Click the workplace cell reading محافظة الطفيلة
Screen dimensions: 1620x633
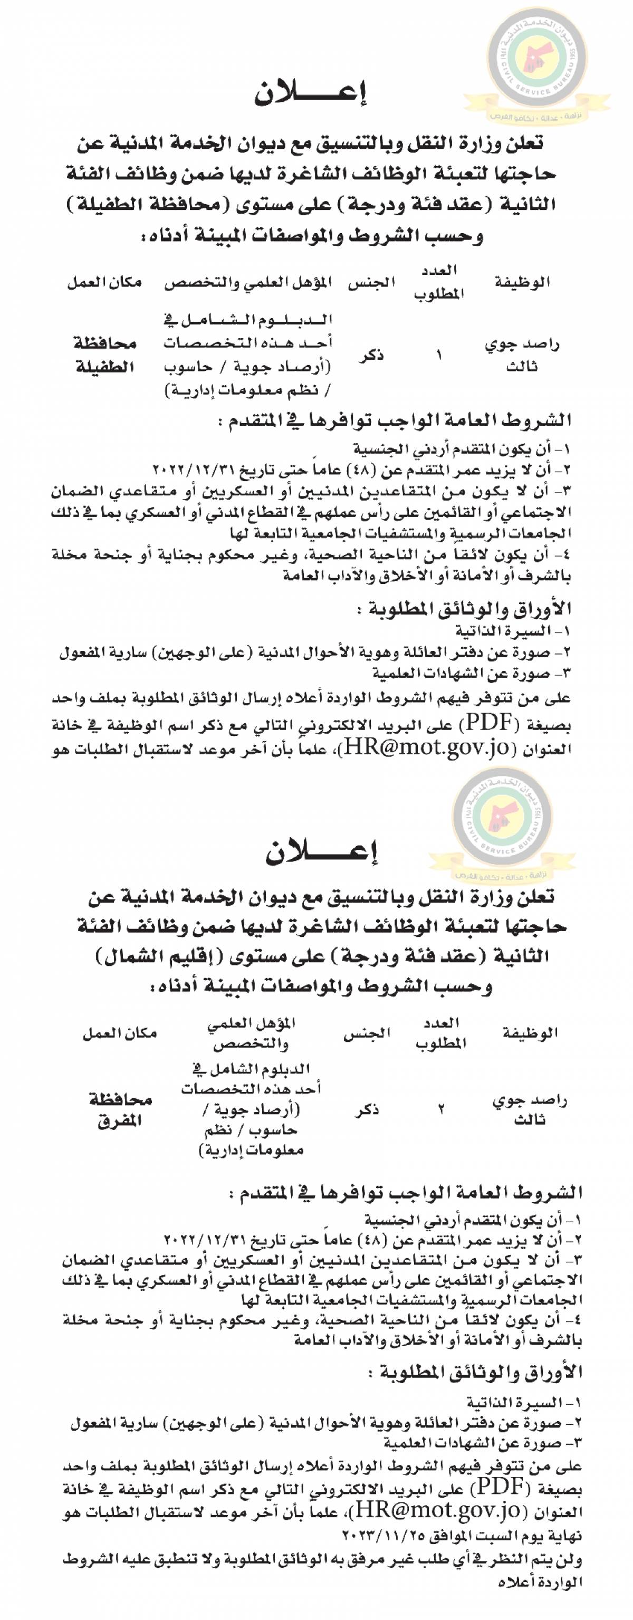(105, 356)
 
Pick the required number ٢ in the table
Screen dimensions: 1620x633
(442, 1110)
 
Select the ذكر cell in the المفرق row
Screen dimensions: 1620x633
(367, 1110)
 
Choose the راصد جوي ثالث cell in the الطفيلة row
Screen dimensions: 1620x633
(522, 356)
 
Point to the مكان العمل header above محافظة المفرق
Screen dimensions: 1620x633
(119, 1033)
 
